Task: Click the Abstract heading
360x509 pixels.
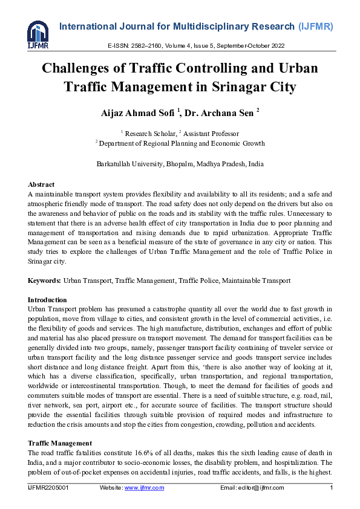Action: (x=41, y=184)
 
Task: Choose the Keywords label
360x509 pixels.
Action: (x=44, y=280)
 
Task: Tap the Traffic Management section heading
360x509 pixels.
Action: (x=60, y=443)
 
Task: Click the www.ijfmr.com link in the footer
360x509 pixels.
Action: (x=144, y=488)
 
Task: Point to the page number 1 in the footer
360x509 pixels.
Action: (x=331, y=488)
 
